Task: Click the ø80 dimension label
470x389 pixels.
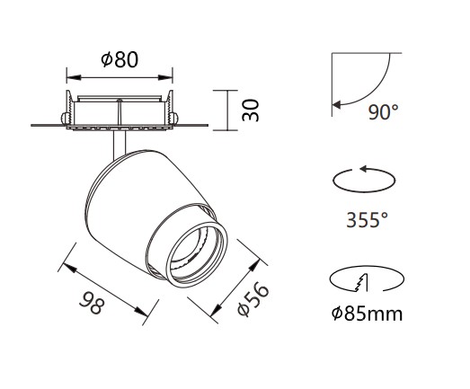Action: [120, 59]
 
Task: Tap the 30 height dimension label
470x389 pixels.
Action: [251, 111]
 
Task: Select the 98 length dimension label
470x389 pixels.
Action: [92, 303]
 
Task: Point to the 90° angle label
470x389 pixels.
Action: [384, 112]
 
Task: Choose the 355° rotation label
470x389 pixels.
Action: [367, 220]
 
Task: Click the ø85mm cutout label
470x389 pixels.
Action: [367, 314]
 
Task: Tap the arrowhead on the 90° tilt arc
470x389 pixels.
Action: [336, 105]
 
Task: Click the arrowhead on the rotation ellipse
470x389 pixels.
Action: [364, 169]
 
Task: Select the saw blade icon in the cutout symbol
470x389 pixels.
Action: [361, 283]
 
